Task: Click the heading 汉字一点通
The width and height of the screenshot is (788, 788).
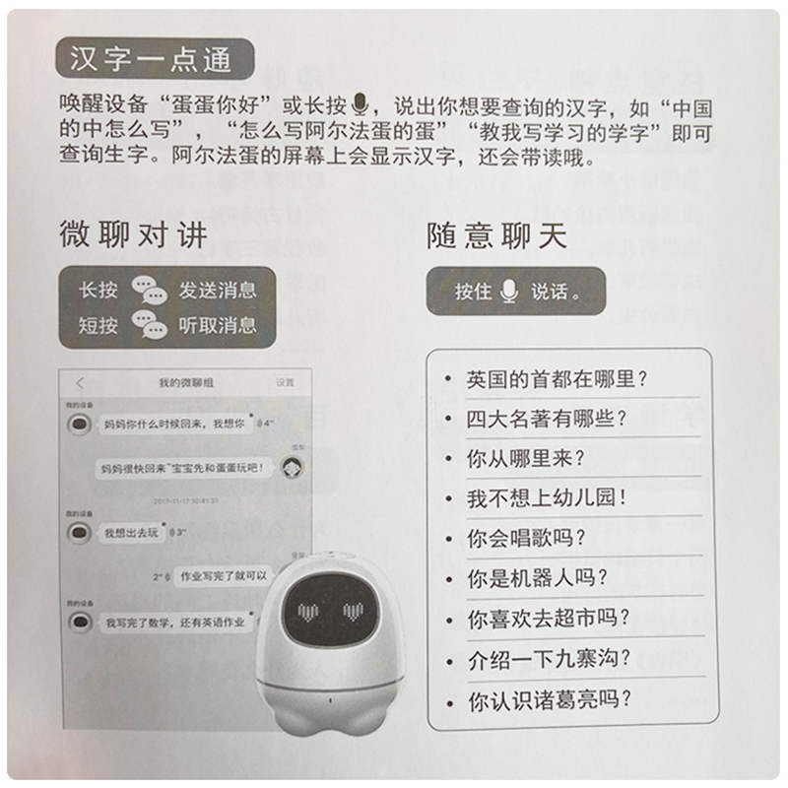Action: [151, 59]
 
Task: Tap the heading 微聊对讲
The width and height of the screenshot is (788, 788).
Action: [133, 234]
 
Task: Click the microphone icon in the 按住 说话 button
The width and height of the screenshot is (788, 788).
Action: [509, 291]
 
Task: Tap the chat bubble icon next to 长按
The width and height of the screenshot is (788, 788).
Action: [150, 291]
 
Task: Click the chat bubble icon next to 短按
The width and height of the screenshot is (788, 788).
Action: [150, 324]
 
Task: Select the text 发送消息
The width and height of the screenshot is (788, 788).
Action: [217, 291]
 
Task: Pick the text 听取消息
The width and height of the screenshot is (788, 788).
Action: [217, 324]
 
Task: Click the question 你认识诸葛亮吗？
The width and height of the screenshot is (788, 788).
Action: [549, 700]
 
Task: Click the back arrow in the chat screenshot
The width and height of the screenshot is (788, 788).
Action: [79, 382]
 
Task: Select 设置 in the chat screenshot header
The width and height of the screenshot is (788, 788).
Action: [285, 382]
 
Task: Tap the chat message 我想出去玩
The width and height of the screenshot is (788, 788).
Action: [131, 533]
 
